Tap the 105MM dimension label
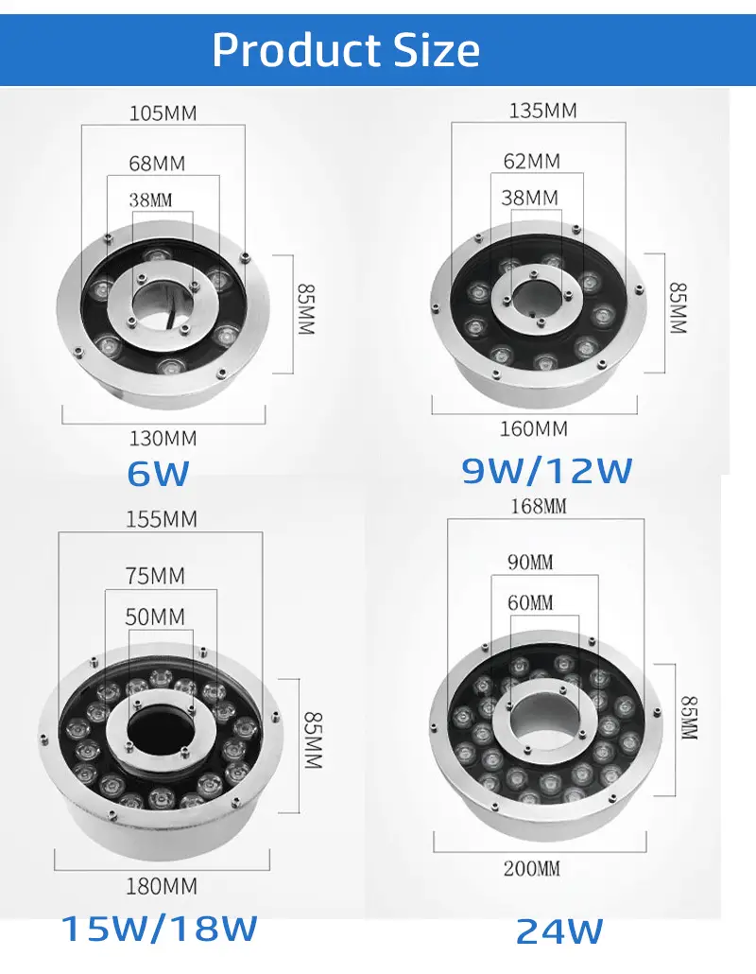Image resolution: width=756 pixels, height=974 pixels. [163, 113]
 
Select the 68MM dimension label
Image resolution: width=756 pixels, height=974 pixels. [157, 164]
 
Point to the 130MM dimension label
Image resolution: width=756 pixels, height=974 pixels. [163, 439]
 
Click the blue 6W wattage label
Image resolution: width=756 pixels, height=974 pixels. [158, 474]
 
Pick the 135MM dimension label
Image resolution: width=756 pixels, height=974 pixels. [543, 111]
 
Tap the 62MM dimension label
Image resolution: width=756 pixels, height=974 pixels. [532, 162]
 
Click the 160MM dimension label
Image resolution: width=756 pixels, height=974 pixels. [534, 428]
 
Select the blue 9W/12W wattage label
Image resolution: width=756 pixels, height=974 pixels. [547, 470]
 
